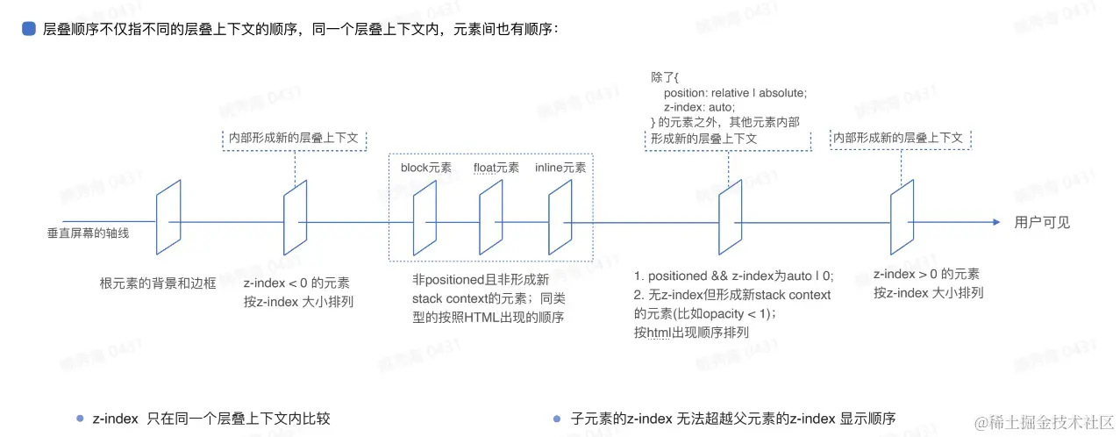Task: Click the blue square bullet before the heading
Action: pyautogui.click(x=29, y=29)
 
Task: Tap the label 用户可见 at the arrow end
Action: pyautogui.click(x=1042, y=223)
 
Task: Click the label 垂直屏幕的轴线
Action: pyautogui.click(x=88, y=233)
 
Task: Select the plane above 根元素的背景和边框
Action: pyautogui.click(x=168, y=215)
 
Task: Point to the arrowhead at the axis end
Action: pyautogui.click(x=995, y=222)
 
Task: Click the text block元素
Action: pyautogui.click(x=426, y=168)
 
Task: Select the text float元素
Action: pyautogui.click(x=496, y=168)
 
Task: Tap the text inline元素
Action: pyautogui.click(x=560, y=168)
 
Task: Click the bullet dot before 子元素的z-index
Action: pyautogui.click(x=556, y=419)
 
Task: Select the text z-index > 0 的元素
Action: pyautogui.click(x=926, y=275)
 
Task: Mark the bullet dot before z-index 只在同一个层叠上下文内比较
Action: pyautogui.click(x=80, y=419)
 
